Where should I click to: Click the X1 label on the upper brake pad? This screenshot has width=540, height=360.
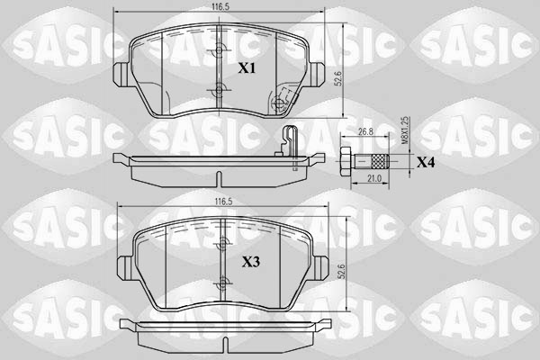tap(247, 68)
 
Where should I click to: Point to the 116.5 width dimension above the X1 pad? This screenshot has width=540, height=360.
tap(217, 8)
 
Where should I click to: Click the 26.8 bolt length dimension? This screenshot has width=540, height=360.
tap(365, 131)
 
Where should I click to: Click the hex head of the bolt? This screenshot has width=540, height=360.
tap(346, 162)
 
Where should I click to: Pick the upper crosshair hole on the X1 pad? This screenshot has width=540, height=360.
tap(218, 51)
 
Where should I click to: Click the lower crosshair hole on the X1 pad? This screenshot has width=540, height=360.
tap(218, 89)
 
